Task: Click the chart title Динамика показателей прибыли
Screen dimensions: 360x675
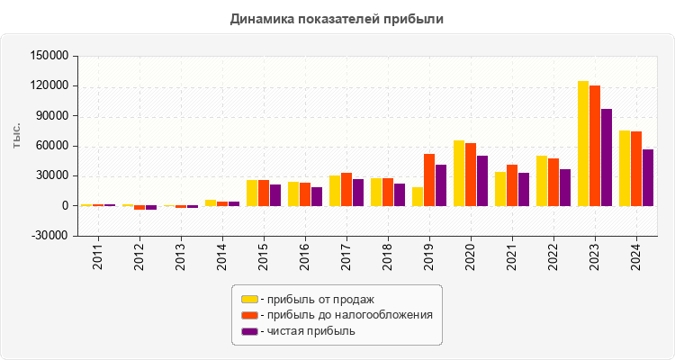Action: point(337,18)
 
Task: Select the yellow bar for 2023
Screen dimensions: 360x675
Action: point(583,143)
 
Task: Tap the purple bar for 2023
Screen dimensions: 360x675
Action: point(607,157)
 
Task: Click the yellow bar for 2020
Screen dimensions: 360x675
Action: point(459,173)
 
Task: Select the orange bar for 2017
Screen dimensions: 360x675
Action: point(346,189)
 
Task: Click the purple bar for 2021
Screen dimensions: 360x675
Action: point(524,189)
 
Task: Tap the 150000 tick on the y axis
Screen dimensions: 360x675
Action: point(49,56)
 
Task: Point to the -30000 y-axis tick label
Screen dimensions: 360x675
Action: point(49,236)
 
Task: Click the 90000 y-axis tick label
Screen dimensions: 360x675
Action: point(52,116)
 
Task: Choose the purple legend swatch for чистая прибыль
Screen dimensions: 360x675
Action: point(249,331)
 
